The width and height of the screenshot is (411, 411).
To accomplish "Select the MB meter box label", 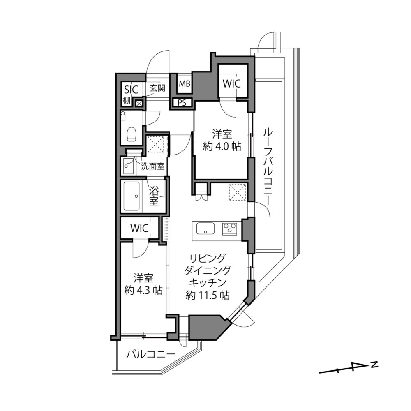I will pos(184,84).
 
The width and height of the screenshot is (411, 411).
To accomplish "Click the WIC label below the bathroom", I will pos(139,229).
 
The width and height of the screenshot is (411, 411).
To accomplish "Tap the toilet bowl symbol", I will pos(132,134).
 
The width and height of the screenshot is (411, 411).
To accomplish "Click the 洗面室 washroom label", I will pos(152,166).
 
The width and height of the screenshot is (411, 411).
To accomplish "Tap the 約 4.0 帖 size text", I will pos(222,146).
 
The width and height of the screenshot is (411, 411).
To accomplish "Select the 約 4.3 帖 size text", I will pos(143,290).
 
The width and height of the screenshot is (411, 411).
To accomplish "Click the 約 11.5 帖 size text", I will pos(207,295).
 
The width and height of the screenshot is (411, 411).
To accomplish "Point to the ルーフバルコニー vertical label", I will pos(266,166).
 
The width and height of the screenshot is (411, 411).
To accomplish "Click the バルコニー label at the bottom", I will pos(150,354).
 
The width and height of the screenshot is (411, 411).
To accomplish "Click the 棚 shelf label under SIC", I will pos(126,101).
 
